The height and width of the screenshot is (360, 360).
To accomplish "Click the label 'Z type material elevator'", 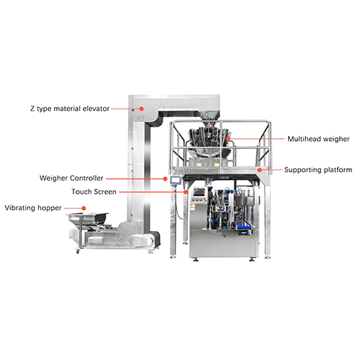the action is [x=70, y=109].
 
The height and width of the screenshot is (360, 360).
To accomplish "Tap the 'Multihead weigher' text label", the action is [x=318, y=139].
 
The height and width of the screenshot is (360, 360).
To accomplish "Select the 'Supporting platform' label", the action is [x=318, y=170].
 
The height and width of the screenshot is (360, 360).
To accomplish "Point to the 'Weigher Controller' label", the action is [x=71, y=178].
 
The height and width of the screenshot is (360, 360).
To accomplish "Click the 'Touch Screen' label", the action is [x=94, y=192].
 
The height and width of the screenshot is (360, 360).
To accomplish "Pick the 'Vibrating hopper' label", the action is [x=33, y=208].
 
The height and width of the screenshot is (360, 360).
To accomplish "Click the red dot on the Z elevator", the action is [x=142, y=109].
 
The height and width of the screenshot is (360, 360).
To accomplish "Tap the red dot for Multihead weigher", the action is [x=228, y=138].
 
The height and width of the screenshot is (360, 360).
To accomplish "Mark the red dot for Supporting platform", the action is [x=260, y=170].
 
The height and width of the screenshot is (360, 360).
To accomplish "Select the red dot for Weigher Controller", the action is [x=165, y=179].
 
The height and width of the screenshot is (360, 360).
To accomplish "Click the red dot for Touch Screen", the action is [x=186, y=192].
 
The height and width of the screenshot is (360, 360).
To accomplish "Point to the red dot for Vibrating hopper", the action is [x=84, y=208].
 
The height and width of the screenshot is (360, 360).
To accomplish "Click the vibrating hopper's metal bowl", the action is [x=87, y=219].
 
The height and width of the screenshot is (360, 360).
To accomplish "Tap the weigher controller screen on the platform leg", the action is [x=176, y=180].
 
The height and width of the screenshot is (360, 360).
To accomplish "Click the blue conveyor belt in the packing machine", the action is [x=243, y=225].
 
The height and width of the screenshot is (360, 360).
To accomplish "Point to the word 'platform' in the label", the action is [x=338, y=170].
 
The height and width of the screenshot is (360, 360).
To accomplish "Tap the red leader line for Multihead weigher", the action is [x=257, y=139].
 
